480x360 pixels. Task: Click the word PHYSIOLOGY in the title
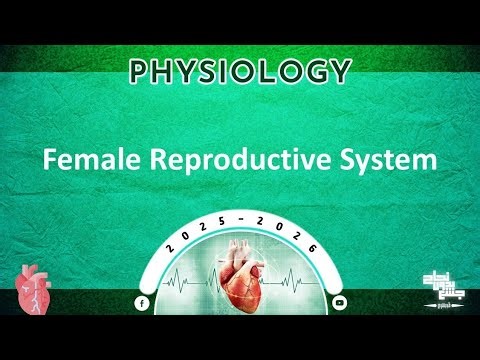[x=240, y=71]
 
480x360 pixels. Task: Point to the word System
[x=383, y=160]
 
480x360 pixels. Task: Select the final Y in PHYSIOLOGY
[x=340, y=71]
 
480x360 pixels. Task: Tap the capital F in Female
[x=48, y=160]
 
